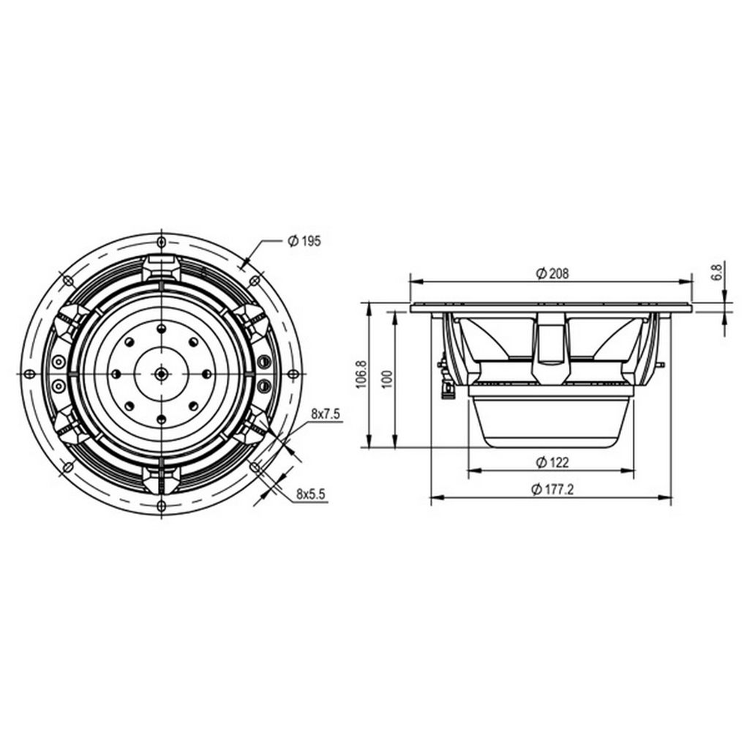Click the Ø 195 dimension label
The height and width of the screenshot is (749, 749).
point(304,241)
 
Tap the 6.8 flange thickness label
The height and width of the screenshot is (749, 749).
point(718,273)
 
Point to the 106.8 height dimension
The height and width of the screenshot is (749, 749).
point(361,374)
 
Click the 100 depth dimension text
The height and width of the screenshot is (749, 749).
point(387,379)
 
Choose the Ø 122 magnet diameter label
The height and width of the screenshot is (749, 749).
point(552,462)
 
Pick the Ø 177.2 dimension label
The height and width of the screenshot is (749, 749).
point(552,489)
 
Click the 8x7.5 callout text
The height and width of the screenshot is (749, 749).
point(325,414)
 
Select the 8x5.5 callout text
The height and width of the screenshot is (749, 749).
point(311,494)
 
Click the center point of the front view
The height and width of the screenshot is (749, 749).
point(162,374)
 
